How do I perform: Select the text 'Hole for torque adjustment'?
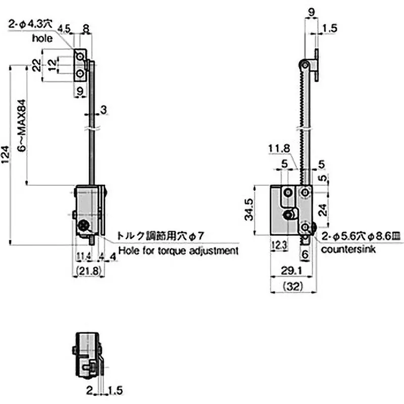(178, 250)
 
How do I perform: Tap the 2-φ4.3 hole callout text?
(30, 23)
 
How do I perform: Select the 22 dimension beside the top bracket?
(36, 65)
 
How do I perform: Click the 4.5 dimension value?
(64, 29)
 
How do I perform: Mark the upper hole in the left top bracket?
(80, 55)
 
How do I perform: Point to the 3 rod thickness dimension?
(103, 110)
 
